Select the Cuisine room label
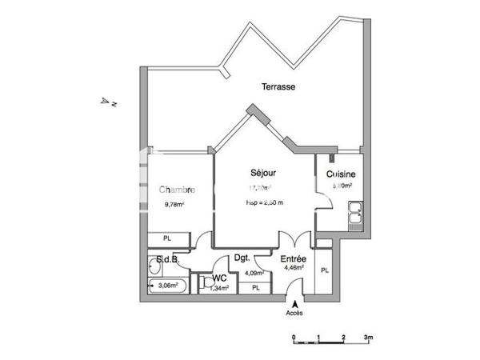(341, 174)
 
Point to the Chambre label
(177, 190)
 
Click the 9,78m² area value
(174, 204)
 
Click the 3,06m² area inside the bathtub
(168, 285)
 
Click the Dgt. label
(243, 258)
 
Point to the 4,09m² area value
(254, 272)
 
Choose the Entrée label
(292, 258)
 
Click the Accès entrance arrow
(295, 304)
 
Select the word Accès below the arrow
(295, 313)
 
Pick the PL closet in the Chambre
(168, 238)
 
